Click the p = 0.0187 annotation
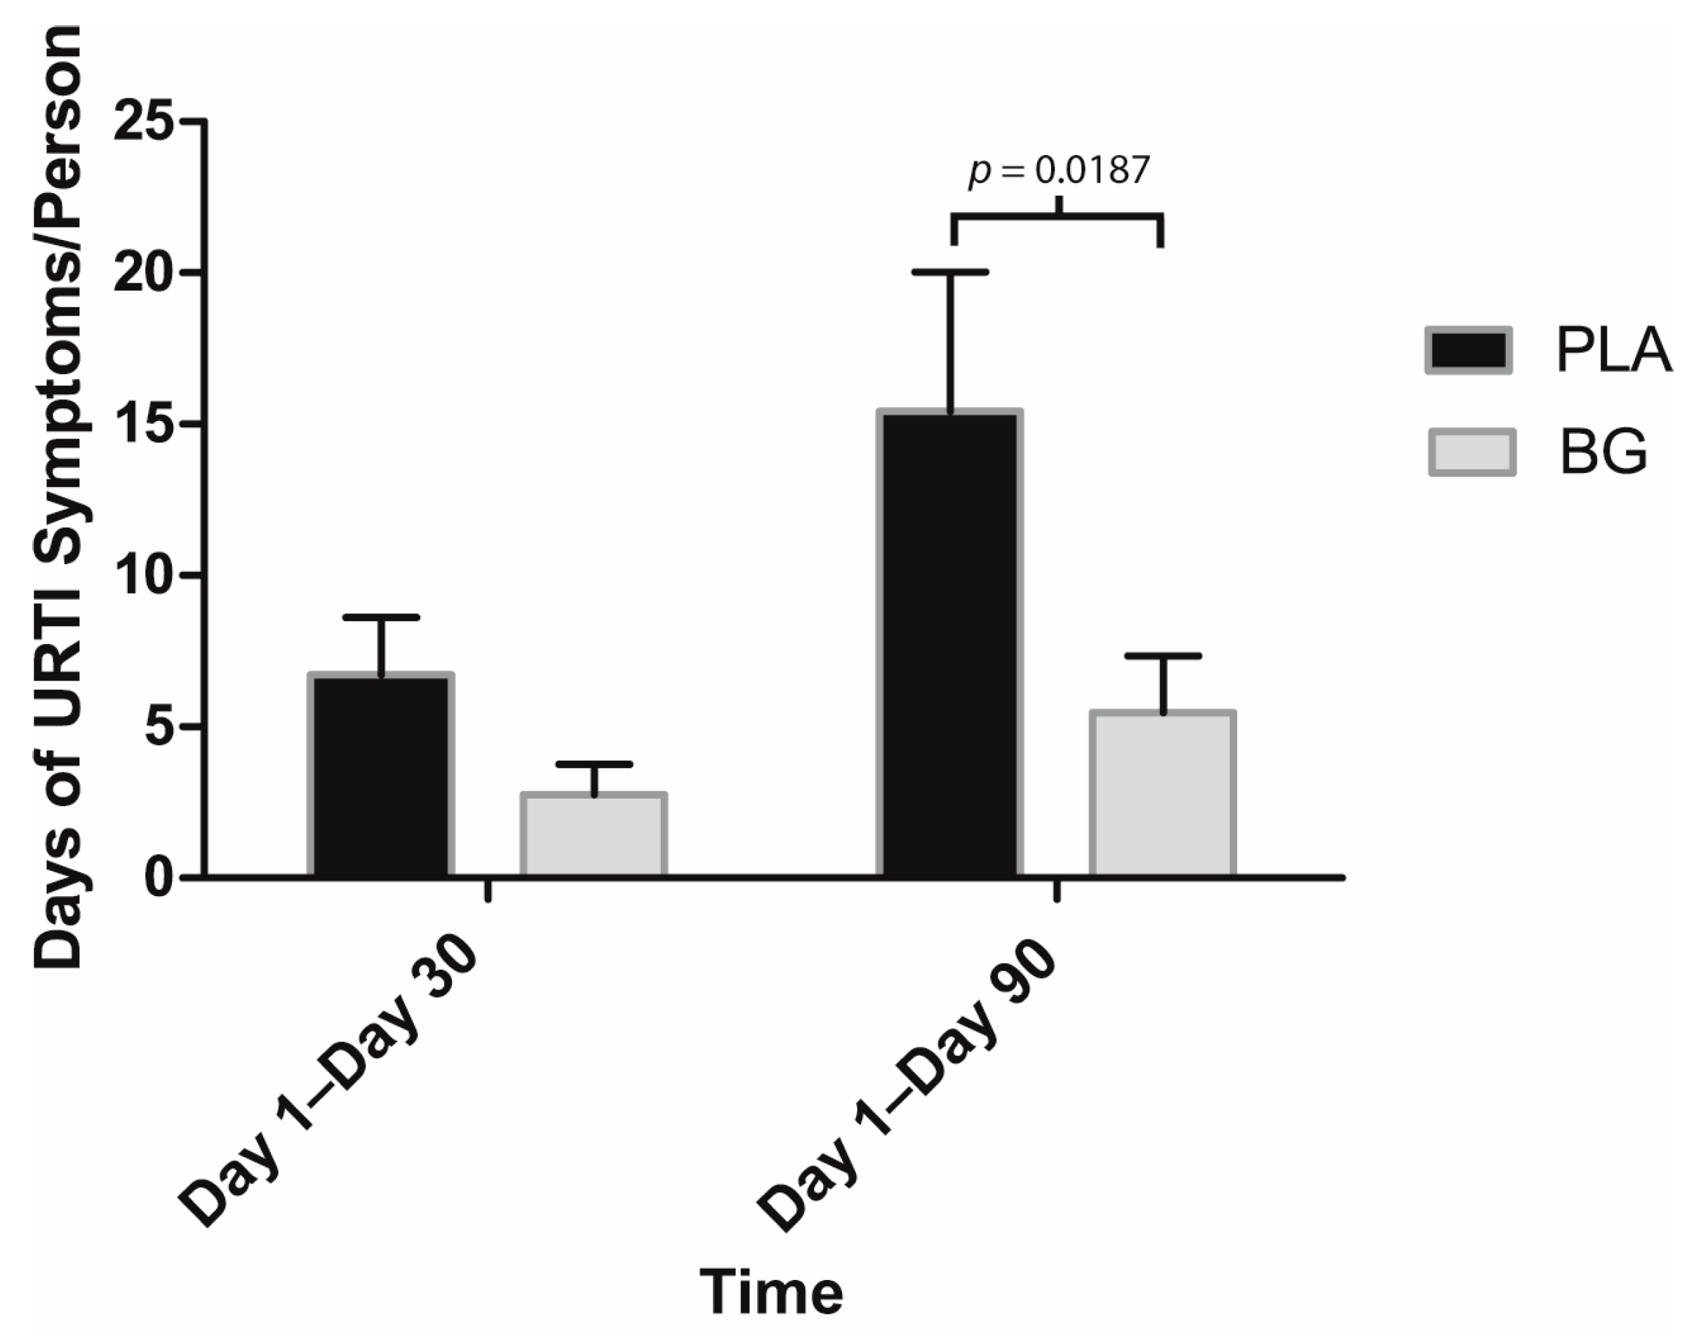pyautogui.click(x=1060, y=170)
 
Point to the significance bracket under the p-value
pyautogui.click(x=1057, y=217)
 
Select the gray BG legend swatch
pyautogui.click(x=1471, y=452)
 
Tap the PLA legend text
pyautogui.click(x=1613, y=352)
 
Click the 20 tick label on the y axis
pyautogui.click(x=142, y=273)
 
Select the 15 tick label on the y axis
pyautogui.click(x=142, y=425)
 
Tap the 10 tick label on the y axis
pyautogui.click(x=142, y=575)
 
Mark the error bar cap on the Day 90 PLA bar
pyautogui.click(x=951, y=272)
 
